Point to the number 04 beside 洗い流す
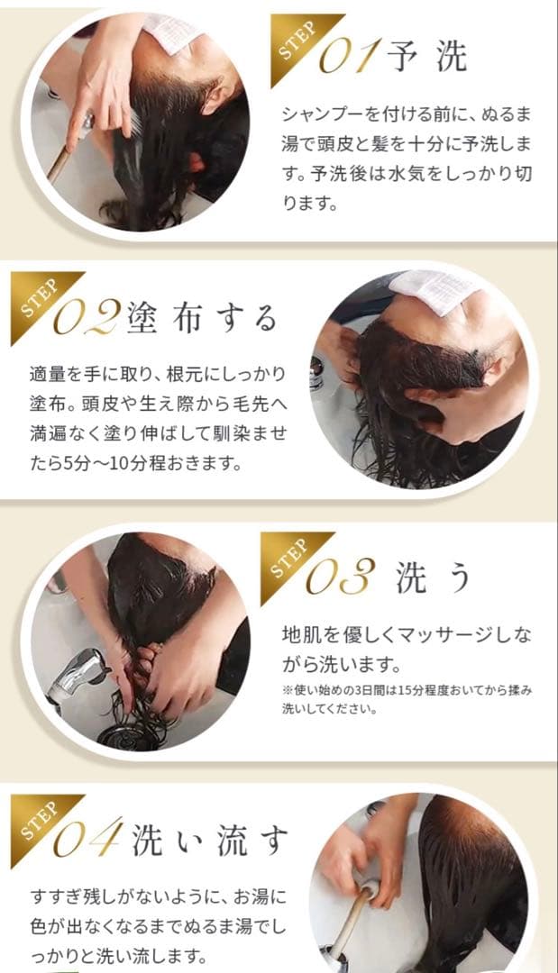(x=88, y=841)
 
